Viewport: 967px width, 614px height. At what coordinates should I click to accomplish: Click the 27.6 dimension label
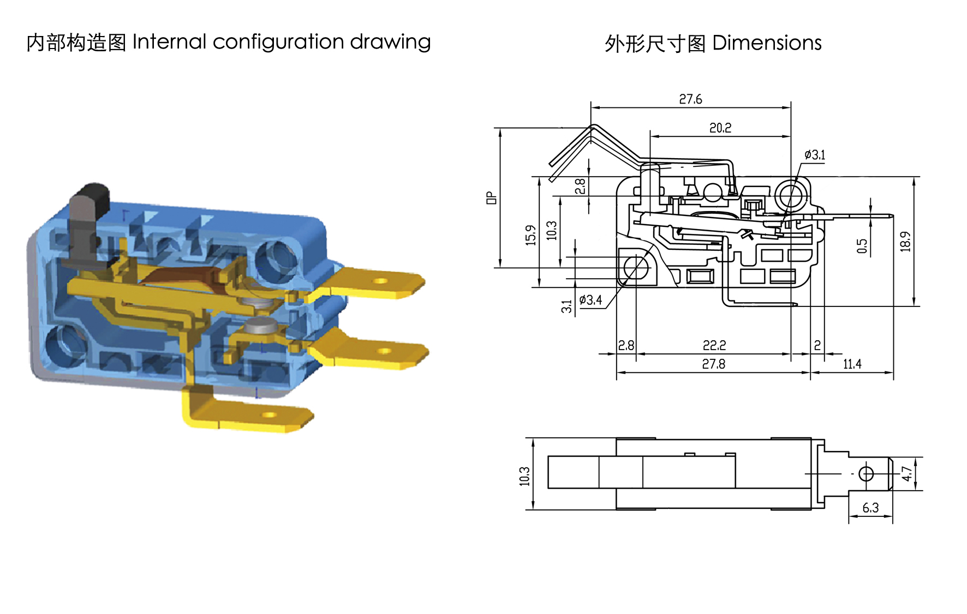coord(690,99)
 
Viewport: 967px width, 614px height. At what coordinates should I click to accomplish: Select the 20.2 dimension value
coord(720,128)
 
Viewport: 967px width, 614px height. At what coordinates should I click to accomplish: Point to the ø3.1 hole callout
coord(815,155)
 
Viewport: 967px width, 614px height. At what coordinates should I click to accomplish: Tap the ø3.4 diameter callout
coord(590,300)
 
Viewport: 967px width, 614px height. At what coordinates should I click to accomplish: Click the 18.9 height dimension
coord(905,242)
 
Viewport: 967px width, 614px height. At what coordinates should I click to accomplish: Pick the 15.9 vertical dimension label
coord(530,235)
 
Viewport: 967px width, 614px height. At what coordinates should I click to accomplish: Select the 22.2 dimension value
coord(714,346)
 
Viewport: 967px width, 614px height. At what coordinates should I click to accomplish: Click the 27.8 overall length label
coord(714,364)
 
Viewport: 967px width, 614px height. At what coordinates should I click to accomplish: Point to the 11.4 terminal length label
coord(852,364)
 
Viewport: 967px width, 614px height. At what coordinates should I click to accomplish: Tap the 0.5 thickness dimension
coord(862,246)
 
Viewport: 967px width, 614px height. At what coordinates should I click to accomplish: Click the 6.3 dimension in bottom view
coord(870,508)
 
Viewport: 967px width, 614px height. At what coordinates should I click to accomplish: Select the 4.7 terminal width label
coord(906,473)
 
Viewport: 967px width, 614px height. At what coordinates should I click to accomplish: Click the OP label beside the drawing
coord(492,197)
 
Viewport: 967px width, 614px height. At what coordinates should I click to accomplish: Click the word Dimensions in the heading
coord(767,43)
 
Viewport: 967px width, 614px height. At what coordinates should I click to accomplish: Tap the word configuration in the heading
coord(278,42)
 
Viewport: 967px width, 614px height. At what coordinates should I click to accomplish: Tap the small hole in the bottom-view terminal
coord(866,474)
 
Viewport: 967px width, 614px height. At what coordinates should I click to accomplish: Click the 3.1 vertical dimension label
coord(567,306)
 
